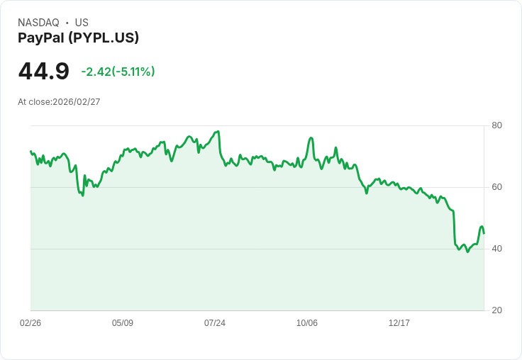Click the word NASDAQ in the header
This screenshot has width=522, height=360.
pyautogui.click(x=38, y=23)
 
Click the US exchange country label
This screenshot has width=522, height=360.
pyautogui.click(x=82, y=23)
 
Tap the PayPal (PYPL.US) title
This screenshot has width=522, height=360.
pyautogui.click(x=78, y=38)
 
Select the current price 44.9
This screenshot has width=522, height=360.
pyautogui.click(x=44, y=72)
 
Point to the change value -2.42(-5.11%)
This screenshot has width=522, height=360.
pyautogui.click(x=118, y=72)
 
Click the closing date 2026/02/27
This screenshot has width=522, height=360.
pyautogui.click(x=77, y=102)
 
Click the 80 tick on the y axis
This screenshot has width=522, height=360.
pyautogui.click(x=497, y=125)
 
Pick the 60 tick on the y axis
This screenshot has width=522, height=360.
pyautogui.click(x=497, y=187)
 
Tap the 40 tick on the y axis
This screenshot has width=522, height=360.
pyautogui.click(x=497, y=249)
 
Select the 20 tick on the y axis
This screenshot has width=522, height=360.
pyautogui.click(x=497, y=310)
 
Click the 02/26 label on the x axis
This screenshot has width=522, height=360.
pyautogui.click(x=30, y=323)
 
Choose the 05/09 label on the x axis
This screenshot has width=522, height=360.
pyautogui.click(x=123, y=323)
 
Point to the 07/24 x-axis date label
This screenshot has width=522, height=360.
pyautogui.click(x=215, y=323)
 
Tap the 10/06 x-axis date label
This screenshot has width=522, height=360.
pyautogui.click(x=307, y=323)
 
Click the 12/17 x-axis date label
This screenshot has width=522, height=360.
pyautogui.click(x=399, y=323)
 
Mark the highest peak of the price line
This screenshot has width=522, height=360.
pyautogui.click(x=218, y=131)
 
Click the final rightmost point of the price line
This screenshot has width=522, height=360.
pyautogui.click(x=484, y=233)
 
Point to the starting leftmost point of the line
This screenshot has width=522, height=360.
pyautogui.click(x=30, y=150)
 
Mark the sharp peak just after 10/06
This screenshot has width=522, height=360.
pyautogui.click(x=311, y=137)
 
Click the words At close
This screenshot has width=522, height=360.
pyautogui.click(x=34, y=102)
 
